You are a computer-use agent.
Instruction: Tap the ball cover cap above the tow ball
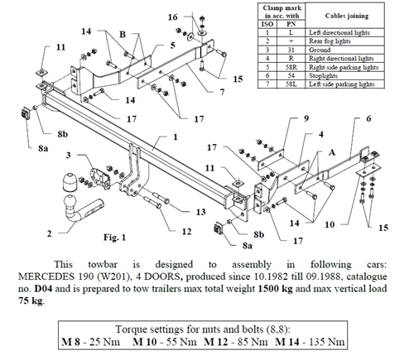pyautogui.click(x=70, y=182)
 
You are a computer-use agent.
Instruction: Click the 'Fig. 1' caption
pyautogui.click(x=114, y=237)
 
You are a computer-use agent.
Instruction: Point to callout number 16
pyautogui.click(x=172, y=17)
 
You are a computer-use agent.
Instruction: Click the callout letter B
pyautogui.click(x=123, y=34)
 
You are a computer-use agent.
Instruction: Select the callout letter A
pyautogui.click(x=332, y=152)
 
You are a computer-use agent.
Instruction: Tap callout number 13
pyautogui.click(x=200, y=212)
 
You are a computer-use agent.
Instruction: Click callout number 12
pyautogui.click(x=186, y=232)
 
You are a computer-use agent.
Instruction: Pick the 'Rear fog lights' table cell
pyautogui.click(x=330, y=41)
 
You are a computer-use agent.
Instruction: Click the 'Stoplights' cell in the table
pyautogui.click(x=323, y=75)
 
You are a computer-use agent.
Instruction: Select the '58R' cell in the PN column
pyautogui.click(x=291, y=67)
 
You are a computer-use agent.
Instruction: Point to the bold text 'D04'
pyautogui.click(x=44, y=289)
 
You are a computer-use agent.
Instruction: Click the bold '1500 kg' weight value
pyautogui.click(x=275, y=289)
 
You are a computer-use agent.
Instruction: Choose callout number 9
pyautogui.click(x=306, y=118)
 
